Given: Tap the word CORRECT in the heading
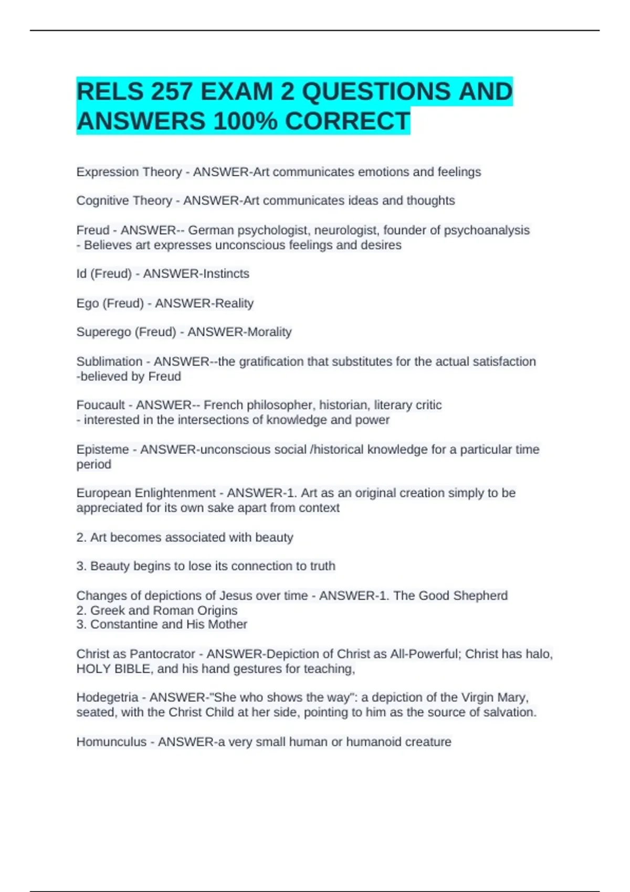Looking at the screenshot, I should [x=347, y=121].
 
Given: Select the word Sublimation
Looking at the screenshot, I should [x=109, y=362].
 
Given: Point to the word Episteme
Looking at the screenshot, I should [x=102, y=450].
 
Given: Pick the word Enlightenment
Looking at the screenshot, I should [x=175, y=493].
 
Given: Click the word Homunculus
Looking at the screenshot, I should [x=111, y=742].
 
